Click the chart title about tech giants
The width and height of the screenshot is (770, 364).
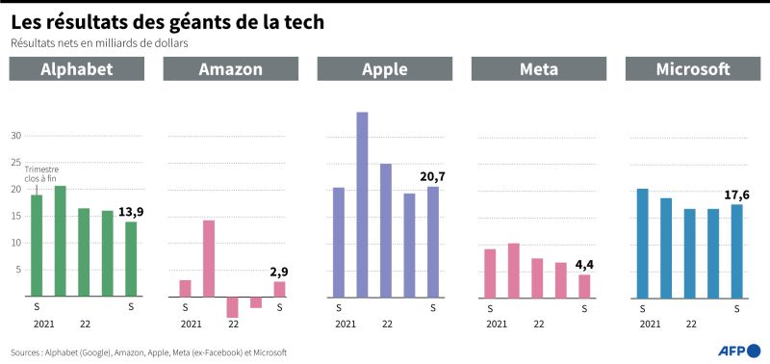167,22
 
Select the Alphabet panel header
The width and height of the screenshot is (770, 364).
77,68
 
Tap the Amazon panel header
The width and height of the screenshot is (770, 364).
231,68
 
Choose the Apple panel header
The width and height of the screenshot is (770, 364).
384,68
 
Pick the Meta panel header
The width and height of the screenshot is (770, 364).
539,68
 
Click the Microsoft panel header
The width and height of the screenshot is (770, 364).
693,68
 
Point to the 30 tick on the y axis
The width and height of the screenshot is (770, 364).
16,136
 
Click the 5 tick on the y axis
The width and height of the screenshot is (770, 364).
18,270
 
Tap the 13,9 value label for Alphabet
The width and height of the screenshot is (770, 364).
131,212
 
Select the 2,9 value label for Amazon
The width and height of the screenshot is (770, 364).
279,273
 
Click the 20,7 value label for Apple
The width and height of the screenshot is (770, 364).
432,177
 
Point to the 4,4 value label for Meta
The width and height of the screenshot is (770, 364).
584,265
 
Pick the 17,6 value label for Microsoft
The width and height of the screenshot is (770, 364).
736,195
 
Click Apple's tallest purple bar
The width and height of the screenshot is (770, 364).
362,205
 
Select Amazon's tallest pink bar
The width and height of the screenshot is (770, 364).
209,258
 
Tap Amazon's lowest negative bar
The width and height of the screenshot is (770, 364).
232,307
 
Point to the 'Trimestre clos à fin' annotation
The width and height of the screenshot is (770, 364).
40,174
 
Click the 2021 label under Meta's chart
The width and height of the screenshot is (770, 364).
497,325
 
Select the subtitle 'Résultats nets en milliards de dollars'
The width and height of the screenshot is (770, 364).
100,43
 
